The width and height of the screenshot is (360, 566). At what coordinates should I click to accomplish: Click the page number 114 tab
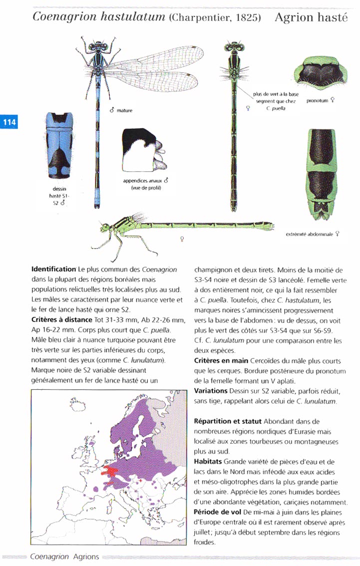9,122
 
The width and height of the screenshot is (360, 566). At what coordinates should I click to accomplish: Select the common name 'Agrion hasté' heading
311,18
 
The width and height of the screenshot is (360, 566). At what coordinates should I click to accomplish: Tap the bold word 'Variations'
210,390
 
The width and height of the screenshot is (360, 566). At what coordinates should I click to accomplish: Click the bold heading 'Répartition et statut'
227,421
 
